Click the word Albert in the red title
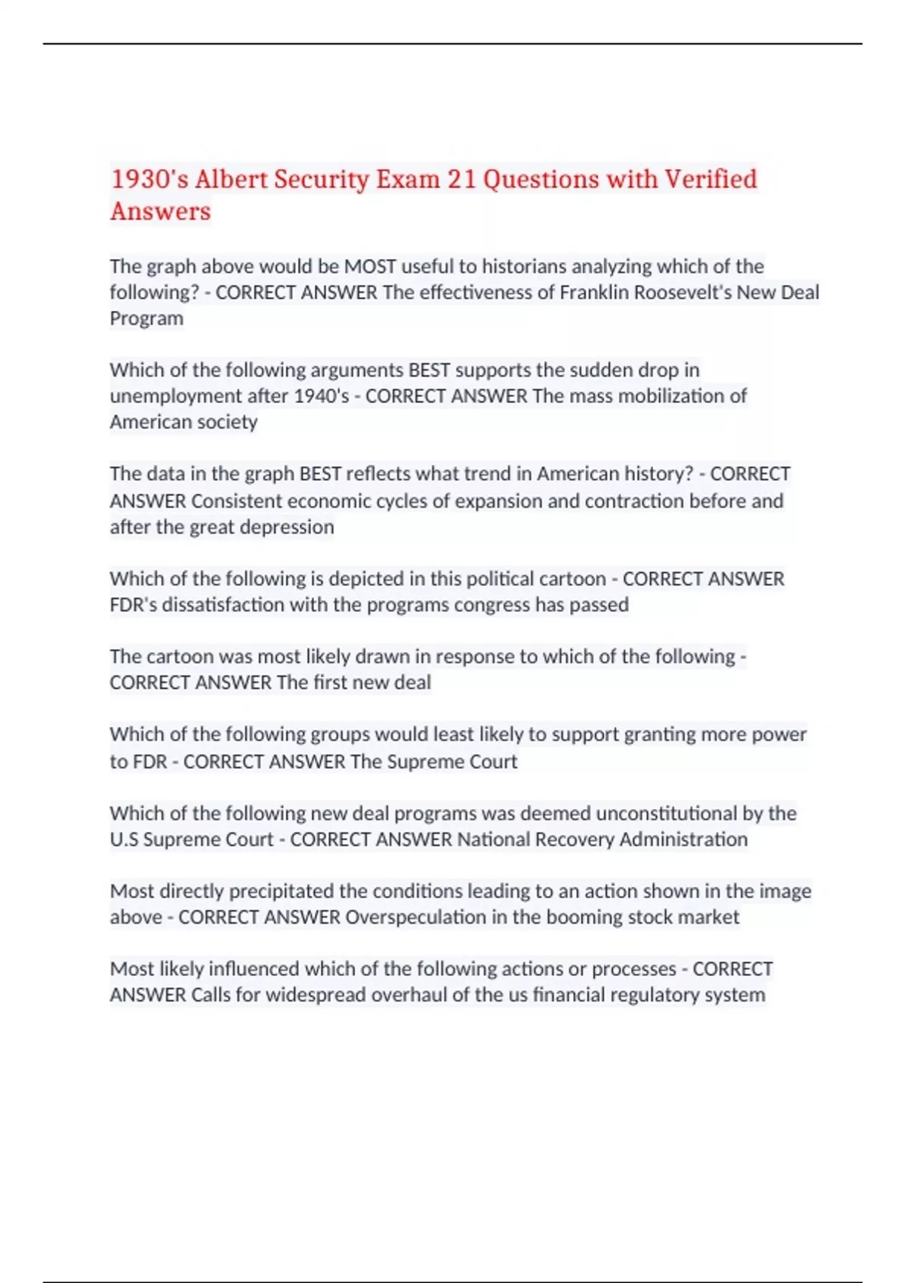[230, 180]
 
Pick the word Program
[146, 318]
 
